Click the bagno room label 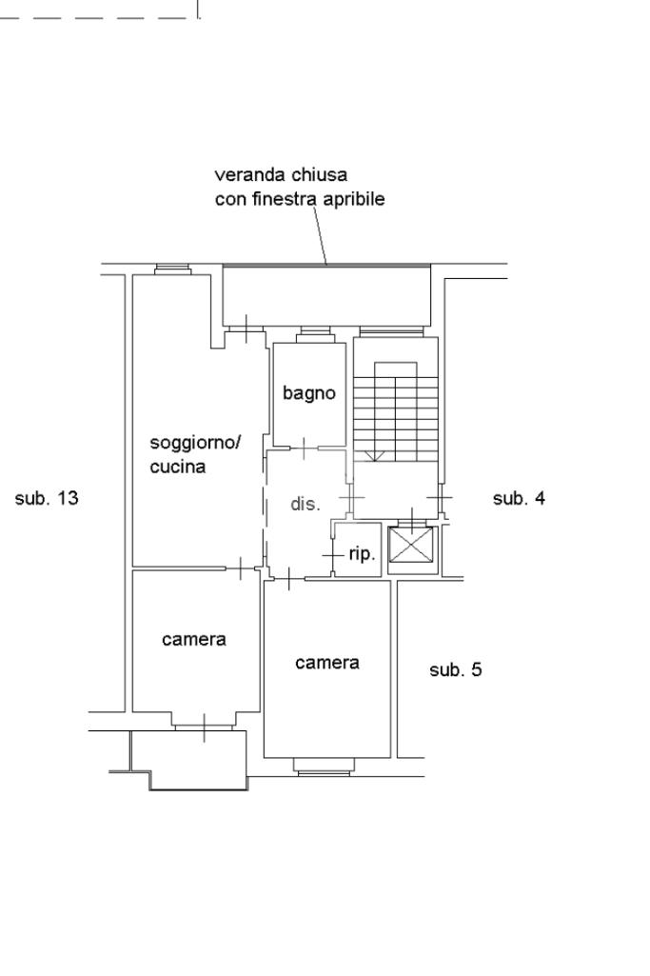point(309,392)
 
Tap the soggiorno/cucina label point(196,454)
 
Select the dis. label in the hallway point(305,504)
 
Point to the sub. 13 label point(47,498)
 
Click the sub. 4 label point(519,498)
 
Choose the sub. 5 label point(456,669)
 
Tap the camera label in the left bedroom point(194,639)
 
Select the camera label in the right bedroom point(327,663)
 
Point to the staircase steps point(395,409)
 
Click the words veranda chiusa point(281,175)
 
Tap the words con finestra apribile point(300,200)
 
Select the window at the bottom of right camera point(325,765)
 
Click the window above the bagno point(314,334)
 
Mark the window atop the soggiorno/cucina point(173,269)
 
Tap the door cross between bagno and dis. point(304,447)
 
